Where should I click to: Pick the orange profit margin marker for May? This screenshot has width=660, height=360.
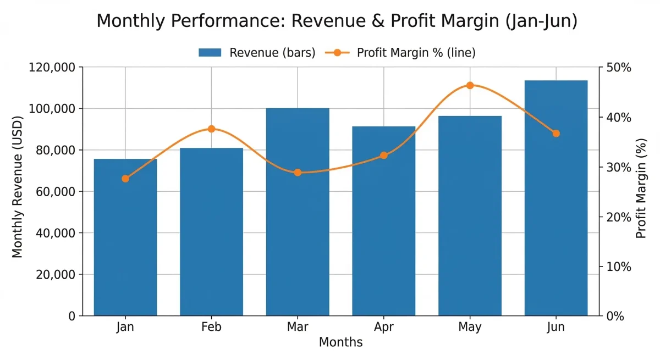[470, 85]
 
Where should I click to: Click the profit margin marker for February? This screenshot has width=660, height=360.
[211, 129]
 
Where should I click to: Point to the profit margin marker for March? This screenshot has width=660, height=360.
[298, 173]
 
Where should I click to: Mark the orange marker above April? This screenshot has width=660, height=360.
[384, 156]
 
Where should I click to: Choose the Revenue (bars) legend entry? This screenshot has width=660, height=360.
[257, 53]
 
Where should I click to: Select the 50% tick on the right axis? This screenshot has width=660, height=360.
[618, 68]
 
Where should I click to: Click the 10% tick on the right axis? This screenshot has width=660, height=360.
[618, 267]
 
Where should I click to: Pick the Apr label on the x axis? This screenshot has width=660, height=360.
[384, 327]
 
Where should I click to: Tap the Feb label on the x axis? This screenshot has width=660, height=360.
[211, 327]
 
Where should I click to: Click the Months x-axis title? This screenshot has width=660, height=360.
[340, 342]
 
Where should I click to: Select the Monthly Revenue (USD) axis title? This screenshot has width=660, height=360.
[18, 187]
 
